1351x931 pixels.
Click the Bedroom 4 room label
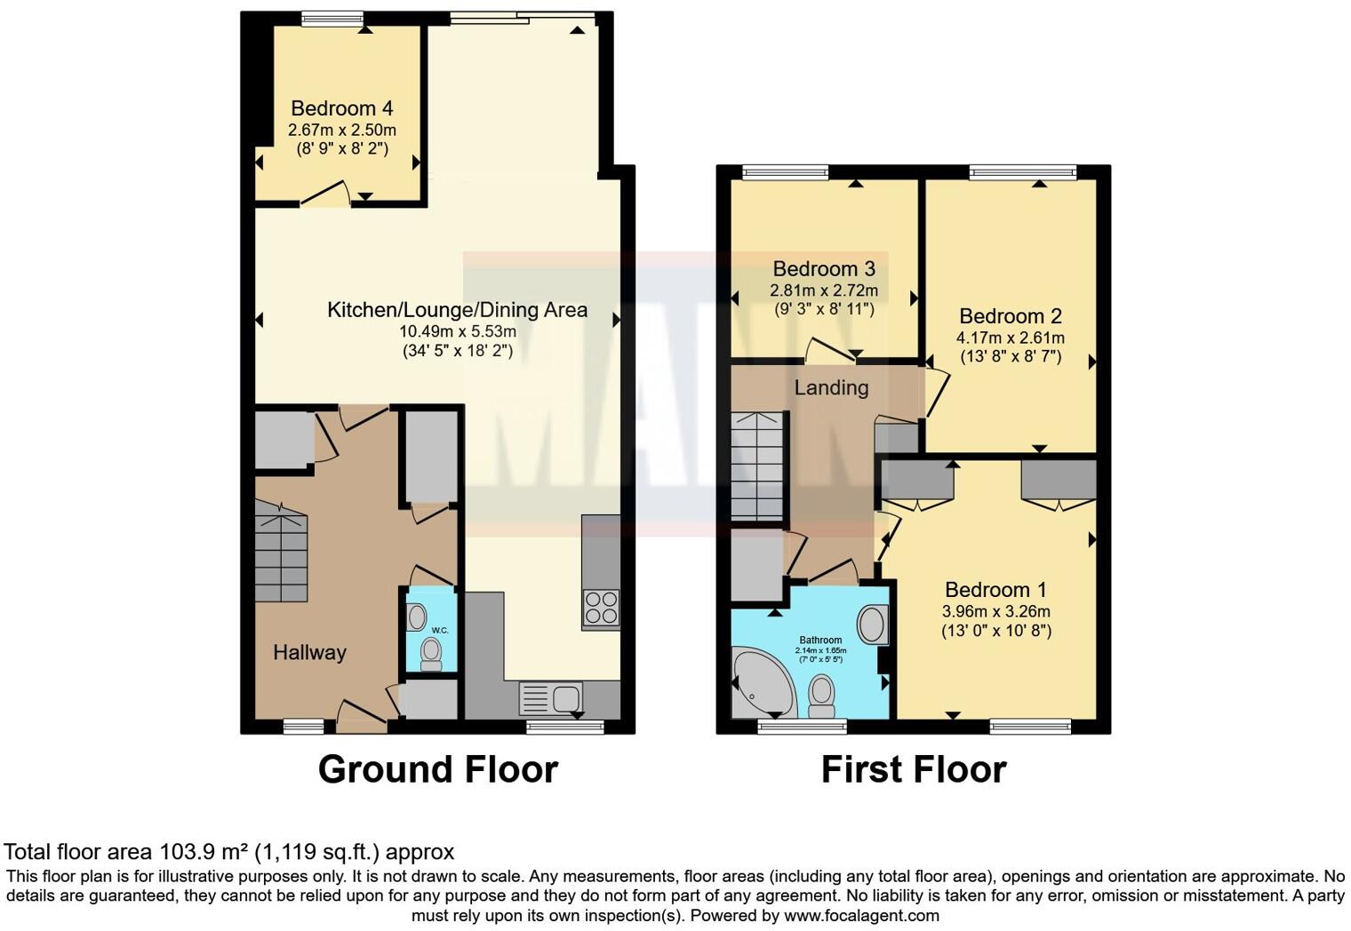click(x=342, y=108)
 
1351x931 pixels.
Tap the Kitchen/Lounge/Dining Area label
click(x=457, y=310)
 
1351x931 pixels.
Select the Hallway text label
click(x=309, y=652)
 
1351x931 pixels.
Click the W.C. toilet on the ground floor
click(x=431, y=656)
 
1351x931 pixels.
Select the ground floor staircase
click(x=281, y=551)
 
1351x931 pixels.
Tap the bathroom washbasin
click(x=873, y=625)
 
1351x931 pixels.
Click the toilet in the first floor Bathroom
click(x=822, y=695)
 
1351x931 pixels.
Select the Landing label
click(x=831, y=387)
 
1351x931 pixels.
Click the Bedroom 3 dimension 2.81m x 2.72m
click(x=823, y=290)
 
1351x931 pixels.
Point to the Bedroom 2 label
click(x=1011, y=316)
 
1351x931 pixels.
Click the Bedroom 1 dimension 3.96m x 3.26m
click(x=995, y=611)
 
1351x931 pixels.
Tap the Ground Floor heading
click(x=437, y=769)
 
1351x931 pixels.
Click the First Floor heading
click(x=913, y=769)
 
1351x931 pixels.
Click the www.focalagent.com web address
click(x=861, y=915)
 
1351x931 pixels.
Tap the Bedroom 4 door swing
click(x=324, y=194)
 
